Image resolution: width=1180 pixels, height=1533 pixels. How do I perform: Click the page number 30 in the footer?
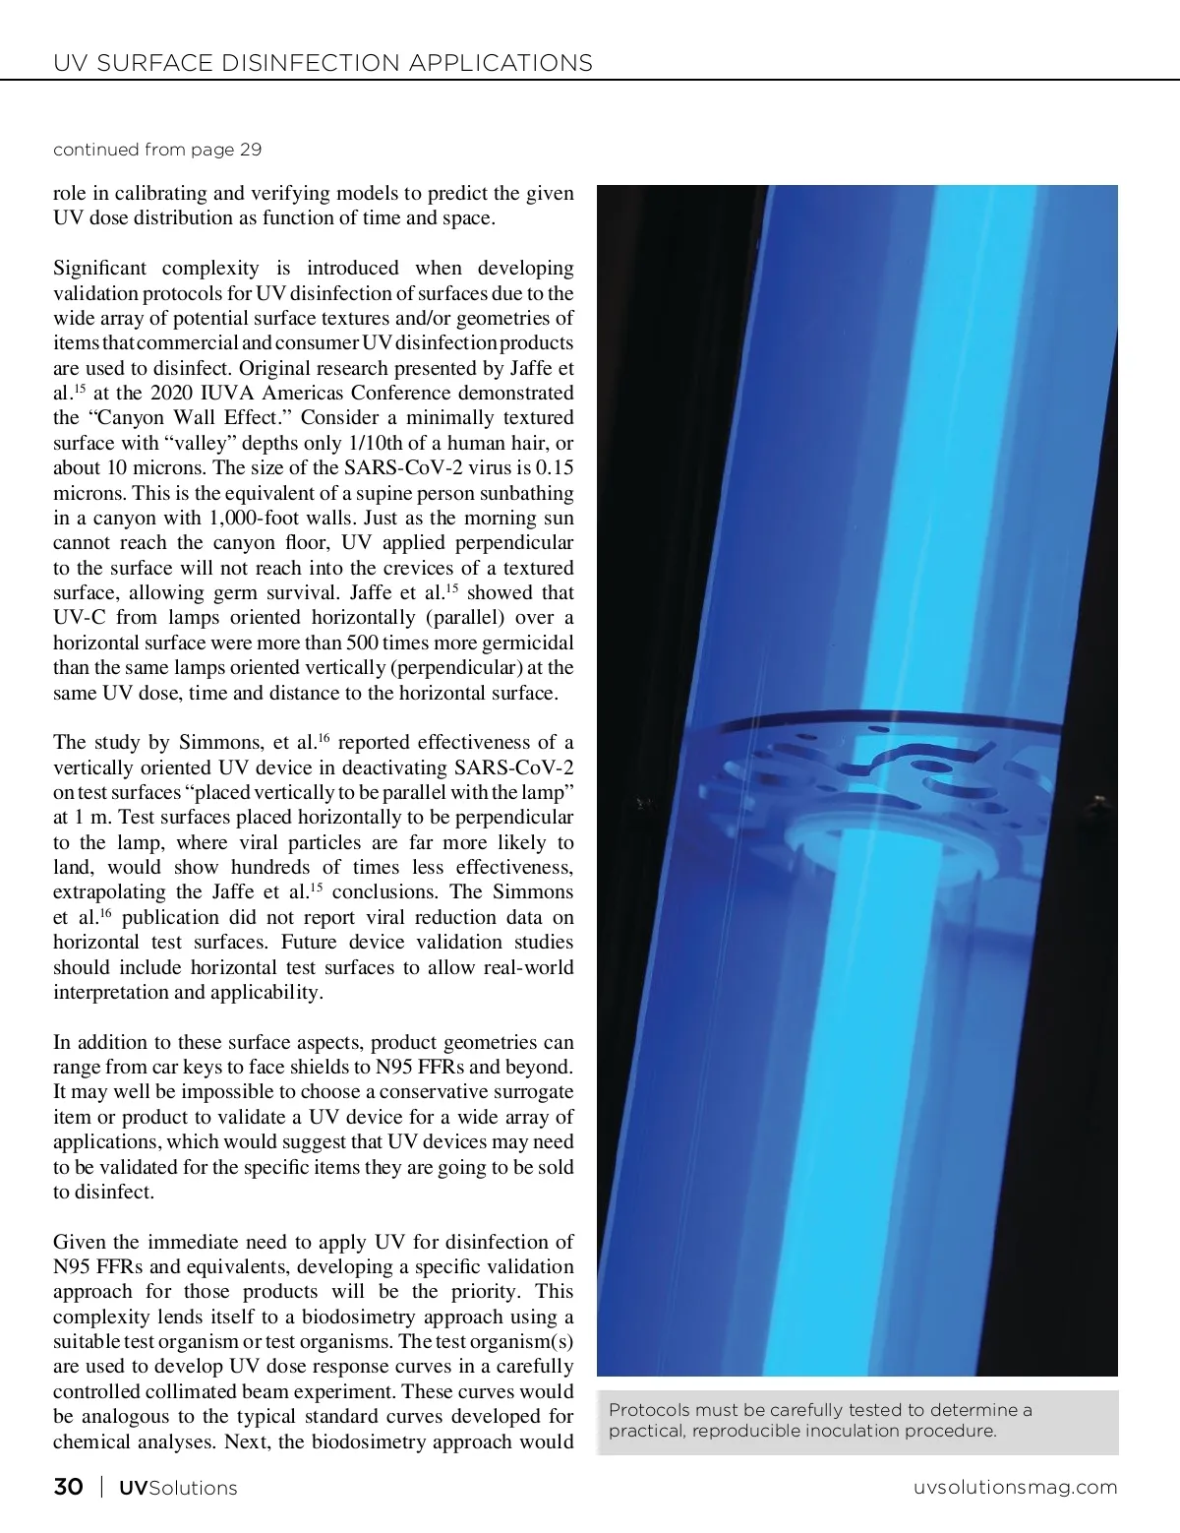tap(68, 1487)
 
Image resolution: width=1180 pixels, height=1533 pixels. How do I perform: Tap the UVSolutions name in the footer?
tap(178, 1488)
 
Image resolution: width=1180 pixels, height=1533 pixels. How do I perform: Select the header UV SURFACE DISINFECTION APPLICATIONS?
tap(323, 63)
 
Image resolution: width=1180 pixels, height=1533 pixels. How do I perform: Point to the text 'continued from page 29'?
tap(157, 150)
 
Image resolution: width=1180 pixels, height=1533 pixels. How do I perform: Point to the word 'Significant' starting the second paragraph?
tap(100, 268)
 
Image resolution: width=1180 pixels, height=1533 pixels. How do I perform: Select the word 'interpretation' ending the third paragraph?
tap(111, 992)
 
